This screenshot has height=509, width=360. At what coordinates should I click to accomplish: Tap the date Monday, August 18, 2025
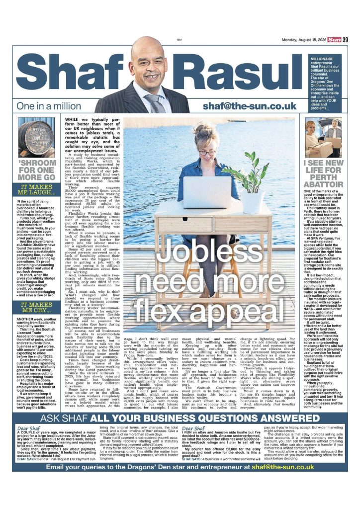point(297,40)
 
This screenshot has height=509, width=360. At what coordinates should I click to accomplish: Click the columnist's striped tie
point(159,104)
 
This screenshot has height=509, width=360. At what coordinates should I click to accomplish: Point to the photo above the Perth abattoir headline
point(323,138)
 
